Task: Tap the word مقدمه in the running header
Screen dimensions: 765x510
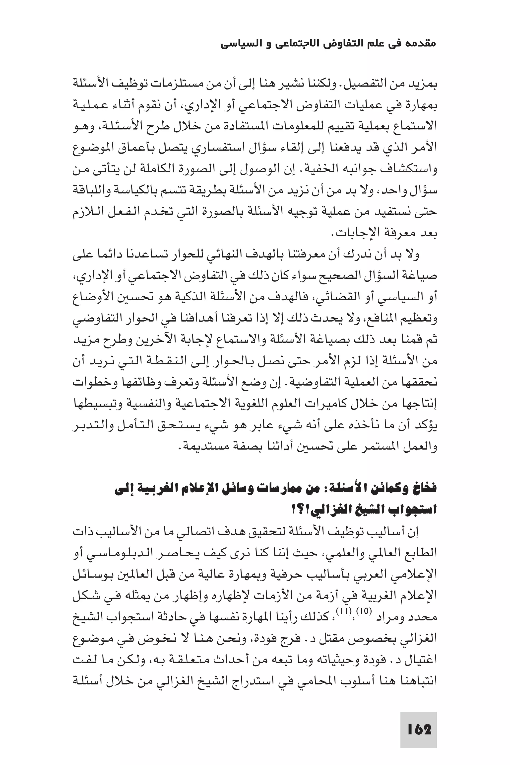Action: pos(421,44)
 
